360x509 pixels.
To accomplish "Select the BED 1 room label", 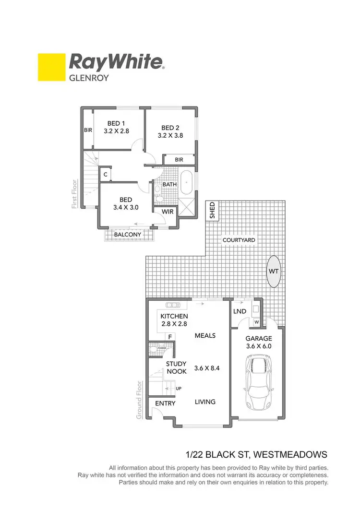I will [117, 123].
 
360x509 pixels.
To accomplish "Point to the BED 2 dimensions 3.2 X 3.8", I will [170, 135].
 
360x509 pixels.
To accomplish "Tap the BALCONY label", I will [127, 235].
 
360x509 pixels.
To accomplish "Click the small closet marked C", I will [106, 175].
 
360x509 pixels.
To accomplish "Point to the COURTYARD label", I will [238, 240].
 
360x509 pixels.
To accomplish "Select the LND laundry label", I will [240, 311].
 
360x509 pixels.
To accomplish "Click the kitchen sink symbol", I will [171, 305].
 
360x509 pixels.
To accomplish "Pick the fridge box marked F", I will [169, 337].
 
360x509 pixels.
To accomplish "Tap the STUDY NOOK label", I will [176, 368].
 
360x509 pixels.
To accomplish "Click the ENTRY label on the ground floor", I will [164, 403].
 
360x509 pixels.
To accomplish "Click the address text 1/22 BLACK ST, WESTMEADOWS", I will [257, 454].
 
